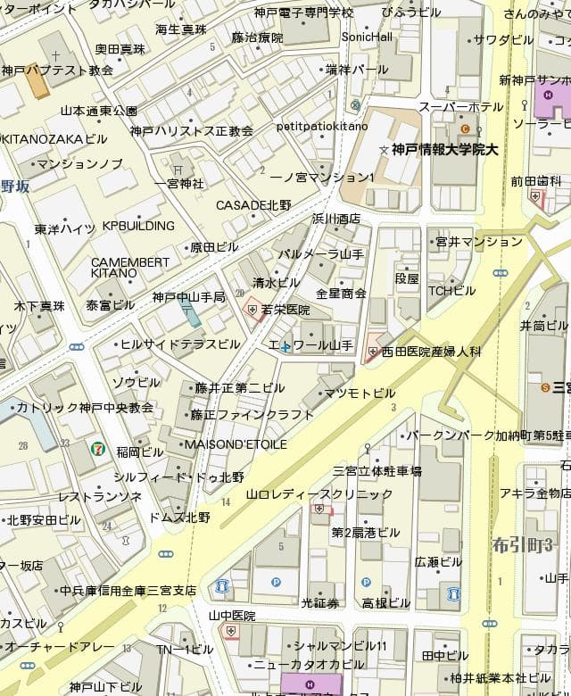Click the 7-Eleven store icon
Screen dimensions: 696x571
[x=95, y=449]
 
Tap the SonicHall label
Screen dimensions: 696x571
[x=368, y=37]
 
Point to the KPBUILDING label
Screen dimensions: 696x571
[x=138, y=226]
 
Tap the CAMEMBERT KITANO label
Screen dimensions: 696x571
[x=129, y=267]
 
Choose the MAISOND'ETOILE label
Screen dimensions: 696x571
[x=236, y=443]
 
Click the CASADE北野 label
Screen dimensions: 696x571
[x=253, y=205]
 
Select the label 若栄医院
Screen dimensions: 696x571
[x=285, y=310]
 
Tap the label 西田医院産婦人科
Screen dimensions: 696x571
[x=432, y=352]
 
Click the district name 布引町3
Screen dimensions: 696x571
[x=530, y=544]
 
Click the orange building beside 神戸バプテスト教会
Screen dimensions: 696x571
[x=36, y=82]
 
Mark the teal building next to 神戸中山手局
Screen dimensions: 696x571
[x=189, y=313]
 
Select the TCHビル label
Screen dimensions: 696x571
[x=451, y=290]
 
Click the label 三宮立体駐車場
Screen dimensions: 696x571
[x=377, y=470]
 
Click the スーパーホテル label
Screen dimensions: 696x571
[x=461, y=107]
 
